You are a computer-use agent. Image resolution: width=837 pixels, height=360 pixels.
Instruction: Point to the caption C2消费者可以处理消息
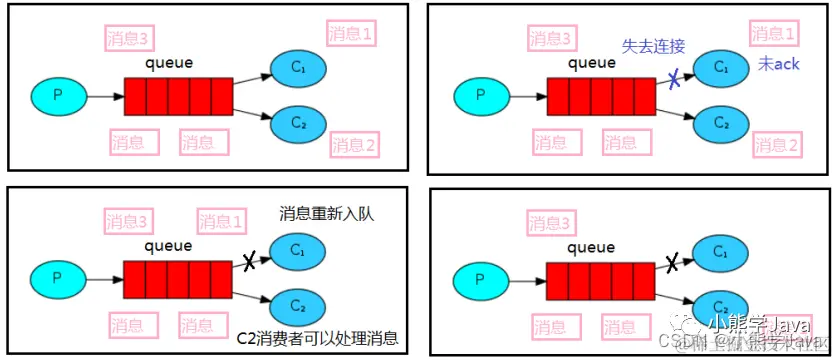(x=318, y=339)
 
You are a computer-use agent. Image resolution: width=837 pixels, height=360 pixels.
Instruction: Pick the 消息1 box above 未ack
(x=775, y=34)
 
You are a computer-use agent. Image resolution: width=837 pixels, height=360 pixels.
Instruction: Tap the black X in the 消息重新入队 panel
(x=249, y=262)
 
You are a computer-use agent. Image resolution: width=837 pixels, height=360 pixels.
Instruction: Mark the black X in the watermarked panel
(x=673, y=263)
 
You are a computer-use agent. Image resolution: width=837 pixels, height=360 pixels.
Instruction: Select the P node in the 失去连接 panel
(x=479, y=96)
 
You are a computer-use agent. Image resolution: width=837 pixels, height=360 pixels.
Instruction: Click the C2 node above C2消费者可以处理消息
(x=297, y=304)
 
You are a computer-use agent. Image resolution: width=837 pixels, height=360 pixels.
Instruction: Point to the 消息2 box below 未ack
(x=776, y=146)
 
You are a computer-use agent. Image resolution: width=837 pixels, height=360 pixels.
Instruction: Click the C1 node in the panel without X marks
(x=297, y=67)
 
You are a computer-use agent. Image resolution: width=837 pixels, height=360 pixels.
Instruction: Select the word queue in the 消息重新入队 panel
(x=169, y=245)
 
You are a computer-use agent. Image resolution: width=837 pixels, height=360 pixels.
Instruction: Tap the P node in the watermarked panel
(x=479, y=281)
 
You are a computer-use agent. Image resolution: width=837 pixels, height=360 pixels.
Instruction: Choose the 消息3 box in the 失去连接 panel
(x=552, y=38)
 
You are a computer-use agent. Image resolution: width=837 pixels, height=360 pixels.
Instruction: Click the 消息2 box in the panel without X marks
(x=353, y=144)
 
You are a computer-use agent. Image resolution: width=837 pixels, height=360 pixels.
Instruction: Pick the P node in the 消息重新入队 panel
(x=56, y=279)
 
